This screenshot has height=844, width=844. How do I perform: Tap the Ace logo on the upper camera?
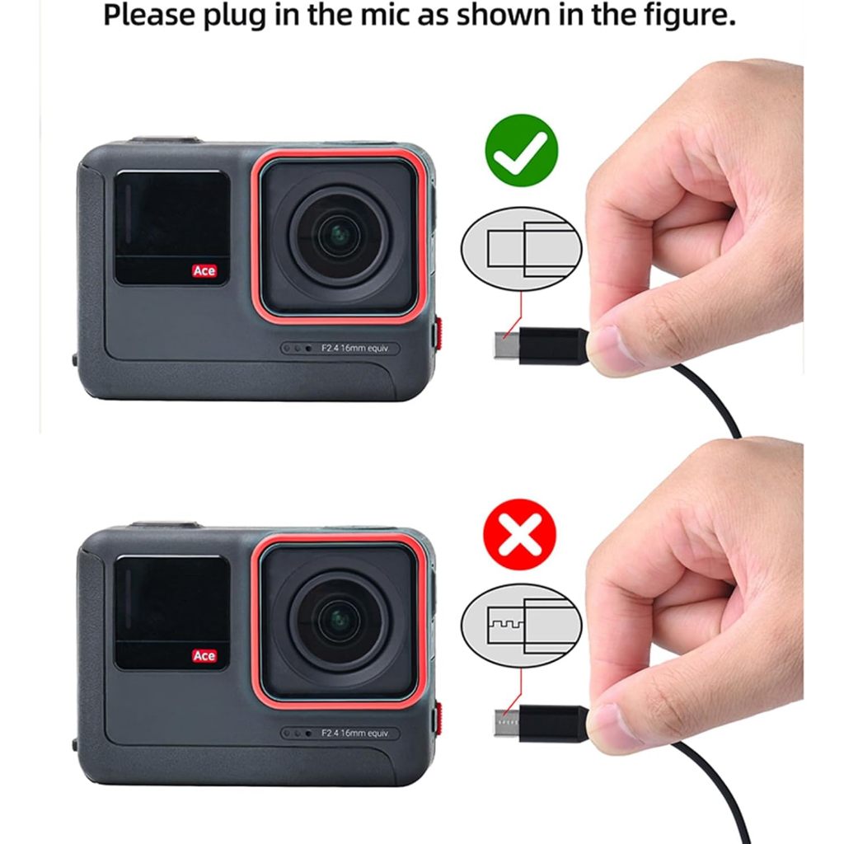(x=204, y=270)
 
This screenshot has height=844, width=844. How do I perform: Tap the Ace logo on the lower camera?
(x=204, y=656)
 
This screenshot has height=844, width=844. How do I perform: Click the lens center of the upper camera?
(x=338, y=237)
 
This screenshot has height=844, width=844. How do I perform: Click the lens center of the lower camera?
(x=338, y=621)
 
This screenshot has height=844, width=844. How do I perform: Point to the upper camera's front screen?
(x=171, y=227)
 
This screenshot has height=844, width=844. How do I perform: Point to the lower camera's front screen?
(x=171, y=612)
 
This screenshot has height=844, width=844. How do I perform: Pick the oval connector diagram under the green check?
(x=522, y=250)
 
